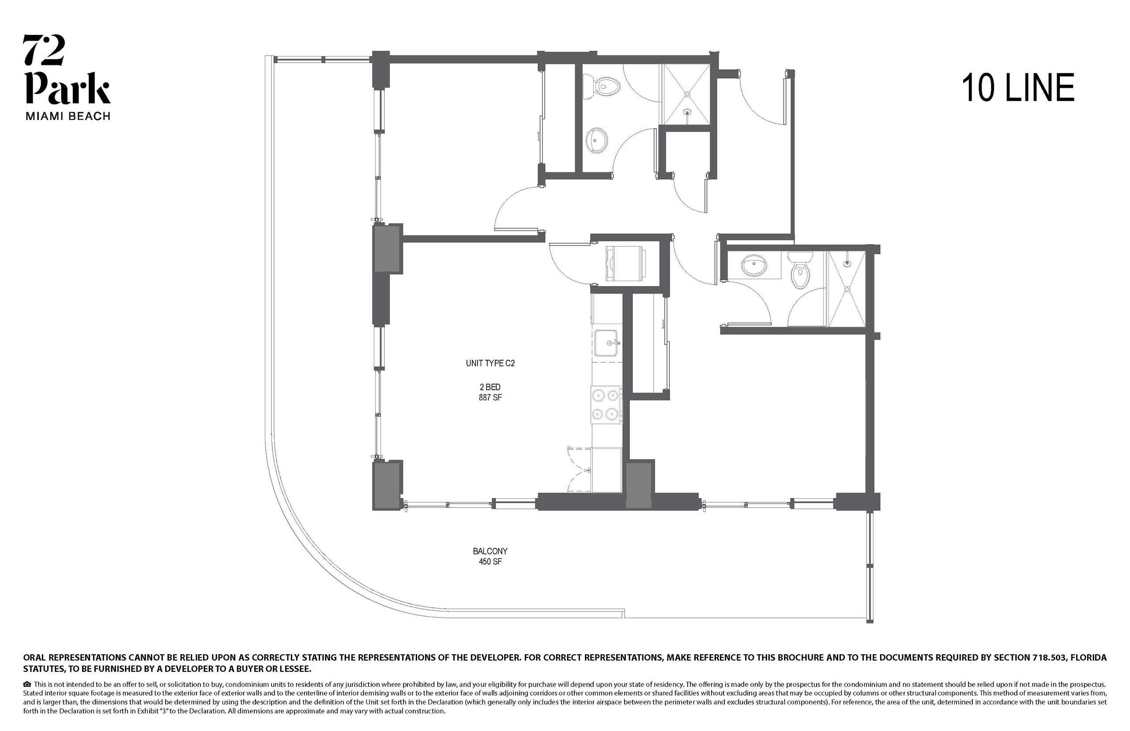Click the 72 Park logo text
pos(67,69)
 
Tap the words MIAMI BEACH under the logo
pos(68,116)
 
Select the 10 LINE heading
pos(1017,88)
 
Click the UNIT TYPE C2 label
pos(490,363)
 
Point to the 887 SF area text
pos(490,397)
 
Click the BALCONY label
pos(490,551)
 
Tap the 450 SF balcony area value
pos(490,561)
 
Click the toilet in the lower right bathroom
pos(800,270)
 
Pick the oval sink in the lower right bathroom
pos(754,265)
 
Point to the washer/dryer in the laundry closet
pos(625,264)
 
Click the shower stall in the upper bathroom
pos(686,95)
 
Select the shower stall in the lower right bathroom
pos(846,288)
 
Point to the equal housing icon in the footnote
pos(27,684)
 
